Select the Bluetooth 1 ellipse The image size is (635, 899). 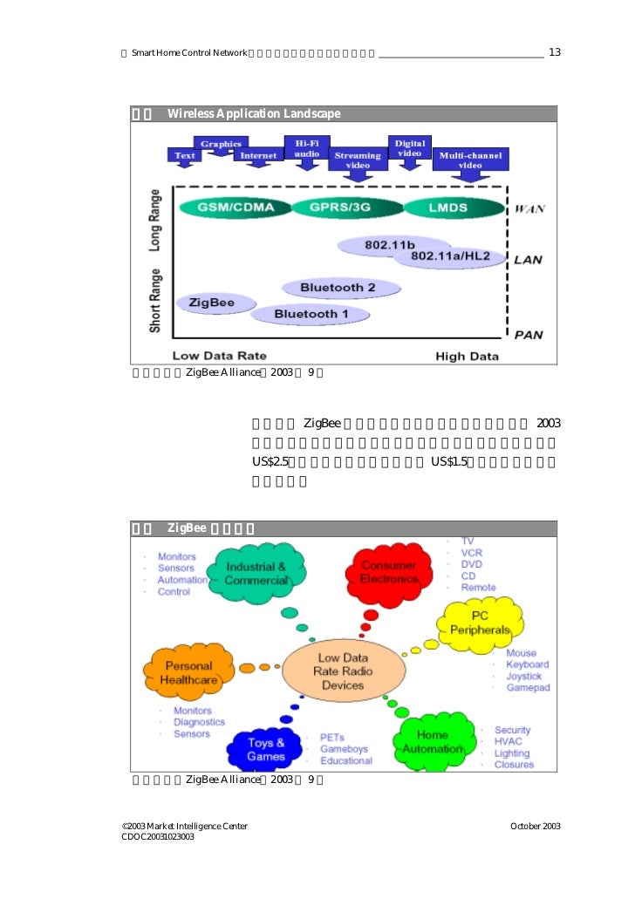click(311, 314)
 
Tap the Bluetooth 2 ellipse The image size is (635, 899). click(338, 287)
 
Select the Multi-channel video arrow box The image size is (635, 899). click(470, 160)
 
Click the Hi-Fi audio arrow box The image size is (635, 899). click(306, 148)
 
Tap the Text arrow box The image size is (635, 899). click(185, 156)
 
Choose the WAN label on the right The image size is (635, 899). click(530, 209)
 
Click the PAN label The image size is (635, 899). click(529, 335)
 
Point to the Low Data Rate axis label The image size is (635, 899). click(219, 356)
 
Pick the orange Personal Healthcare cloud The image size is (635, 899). click(188, 672)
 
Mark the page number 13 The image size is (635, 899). click(555, 52)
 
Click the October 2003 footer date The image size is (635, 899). click(535, 826)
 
